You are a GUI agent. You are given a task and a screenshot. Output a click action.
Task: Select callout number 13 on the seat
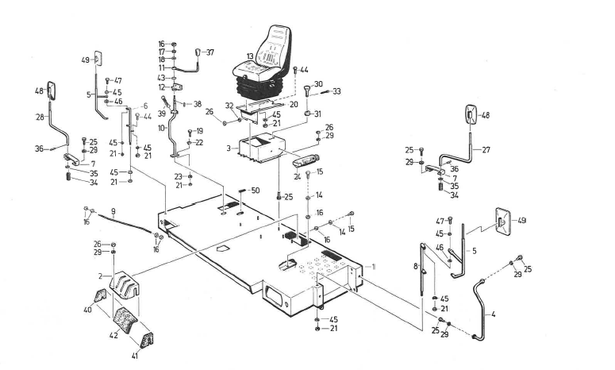coord(250,56)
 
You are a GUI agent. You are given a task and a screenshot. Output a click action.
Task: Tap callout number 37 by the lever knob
coord(210,52)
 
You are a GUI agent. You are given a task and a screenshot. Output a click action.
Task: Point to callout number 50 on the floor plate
coord(255,191)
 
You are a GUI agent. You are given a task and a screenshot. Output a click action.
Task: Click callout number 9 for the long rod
coord(114,210)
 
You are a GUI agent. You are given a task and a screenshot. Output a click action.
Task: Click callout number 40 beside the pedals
coord(88,310)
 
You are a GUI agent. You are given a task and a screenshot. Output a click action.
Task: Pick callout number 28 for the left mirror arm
coord(40,117)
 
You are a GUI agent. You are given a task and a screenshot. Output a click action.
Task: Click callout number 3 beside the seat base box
coord(229,148)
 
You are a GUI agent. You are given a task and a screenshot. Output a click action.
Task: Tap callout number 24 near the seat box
coord(298,176)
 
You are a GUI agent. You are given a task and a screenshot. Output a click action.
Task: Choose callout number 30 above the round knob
coord(318,84)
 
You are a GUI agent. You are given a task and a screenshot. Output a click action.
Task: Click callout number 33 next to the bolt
coord(336,92)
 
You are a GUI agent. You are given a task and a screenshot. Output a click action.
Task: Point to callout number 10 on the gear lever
coord(161,128)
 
